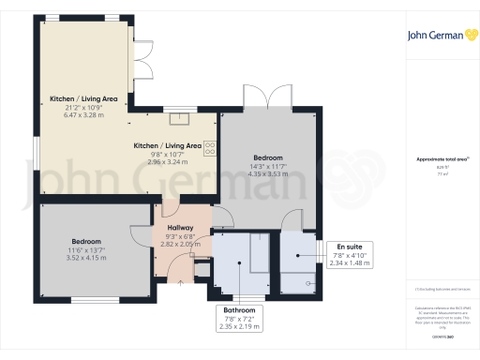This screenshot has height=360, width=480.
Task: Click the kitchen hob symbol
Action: [211, 146]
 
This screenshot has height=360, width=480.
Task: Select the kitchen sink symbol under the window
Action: [178, 118]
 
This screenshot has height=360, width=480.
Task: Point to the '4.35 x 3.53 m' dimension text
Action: [267, 173]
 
